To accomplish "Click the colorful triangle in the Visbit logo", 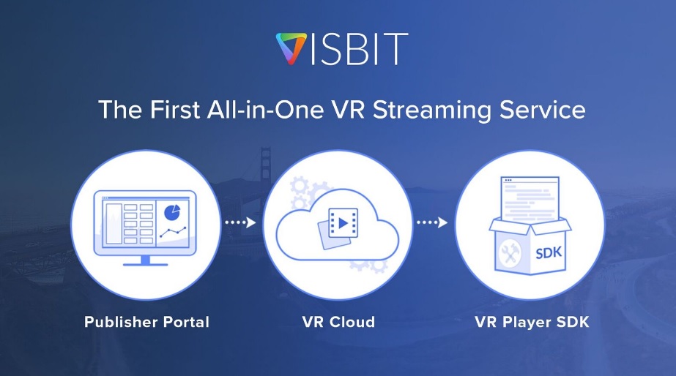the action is pyautogui.click(x=291, y=48).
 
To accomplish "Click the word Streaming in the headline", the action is pyautogui.click(x=431, y=110).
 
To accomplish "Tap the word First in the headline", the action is pyautogui.click(x=174, y=110).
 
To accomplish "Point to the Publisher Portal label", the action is pyautogui.click(x=146, y=322).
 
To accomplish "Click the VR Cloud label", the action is pyautogui.click(x=338, y=322).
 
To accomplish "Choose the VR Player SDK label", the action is pyautogui.click(x=532, y=322).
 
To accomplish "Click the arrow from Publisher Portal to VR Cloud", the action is pyautogui.click(x=240, y=222).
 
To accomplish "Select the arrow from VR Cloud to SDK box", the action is pyautogui.click(x=432, y=222).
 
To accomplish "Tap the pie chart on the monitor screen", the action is pyautogui.click(x=172, y=212).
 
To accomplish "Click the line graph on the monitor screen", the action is pyautogui.click(x=173, y=232).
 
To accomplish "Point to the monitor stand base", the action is pyautogui.click(x=145, y=263).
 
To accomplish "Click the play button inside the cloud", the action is pyautogui.click(x=343, y=223).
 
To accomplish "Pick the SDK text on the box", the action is pyautogui.click(x=549, y=252).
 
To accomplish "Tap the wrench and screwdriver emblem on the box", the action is pyautogui.click(x=510, y=253).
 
